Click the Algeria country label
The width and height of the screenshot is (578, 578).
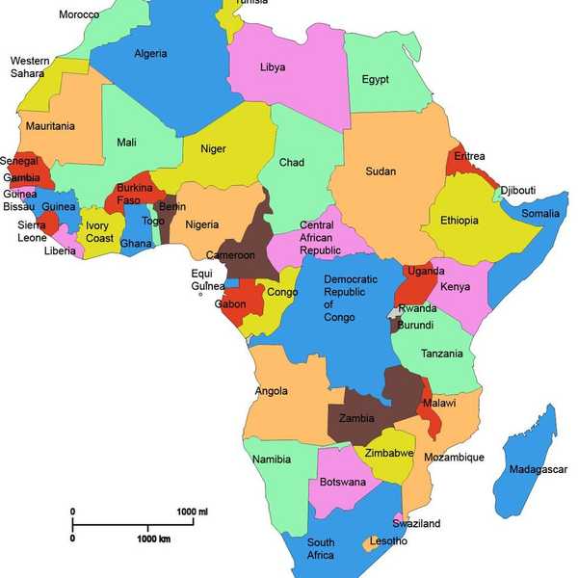pyautogui.click(x=150, y=54)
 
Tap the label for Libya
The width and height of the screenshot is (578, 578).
pyautogui.click(x=273, y=67)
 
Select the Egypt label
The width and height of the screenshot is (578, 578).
pyautogui.click(x=375, y=80)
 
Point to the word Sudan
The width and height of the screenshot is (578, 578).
pyautogui.click(x=381, y=171)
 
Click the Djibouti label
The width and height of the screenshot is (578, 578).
pyautogui.click(x=517, y=191)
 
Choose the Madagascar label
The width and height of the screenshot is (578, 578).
pyautogui.click(x=538, y=469)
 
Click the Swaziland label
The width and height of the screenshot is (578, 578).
pyautogui.click(x=416, y=523)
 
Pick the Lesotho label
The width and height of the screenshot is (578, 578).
pyautogui.click(x=388, y=541)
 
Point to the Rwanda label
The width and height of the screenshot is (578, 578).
pyautogui.click(x=418, y=309)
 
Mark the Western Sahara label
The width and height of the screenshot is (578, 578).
pyautogui.click(x=30, y=66)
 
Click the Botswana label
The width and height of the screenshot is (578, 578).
pyautogui.click(x=342, y=482)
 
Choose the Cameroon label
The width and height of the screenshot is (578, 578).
pyautogui.click(x=231, y=255)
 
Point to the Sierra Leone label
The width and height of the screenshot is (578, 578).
pyautogui.click(x=31, y=231)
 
